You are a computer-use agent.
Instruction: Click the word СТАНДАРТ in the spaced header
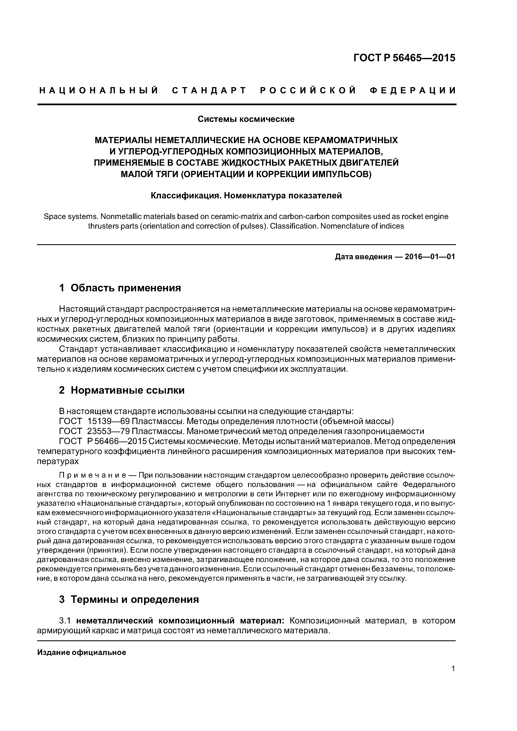(209, 91)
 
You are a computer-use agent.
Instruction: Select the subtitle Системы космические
(246, 119)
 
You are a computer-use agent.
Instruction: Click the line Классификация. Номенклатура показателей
(246, 195)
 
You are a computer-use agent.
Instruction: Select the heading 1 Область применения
(120, 288)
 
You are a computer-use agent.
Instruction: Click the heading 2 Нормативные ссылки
(122, 390)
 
